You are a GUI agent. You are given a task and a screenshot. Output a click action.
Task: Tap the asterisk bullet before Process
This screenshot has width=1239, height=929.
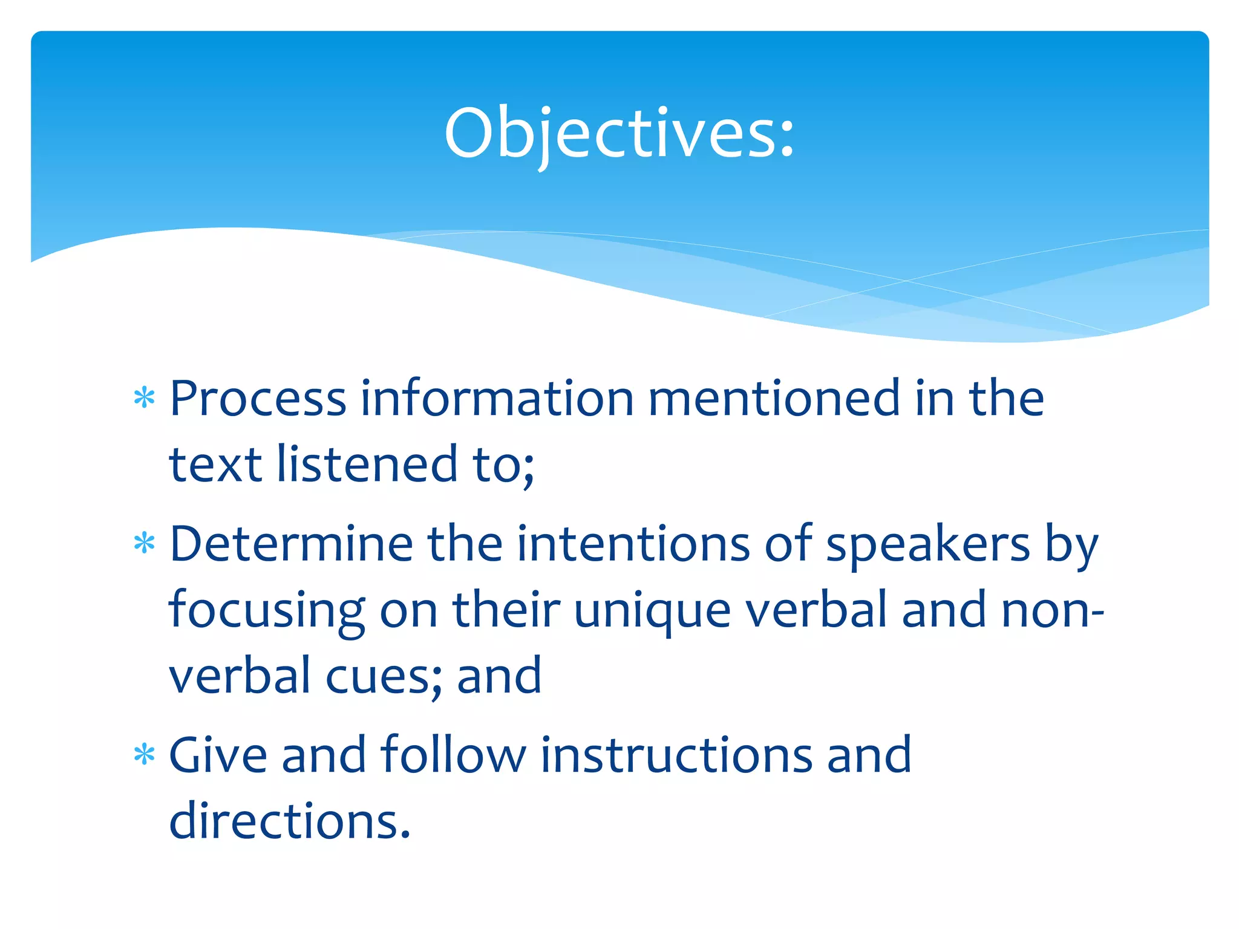pos(145,399)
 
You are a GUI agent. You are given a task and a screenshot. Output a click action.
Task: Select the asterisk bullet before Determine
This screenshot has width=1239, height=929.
pos(145,544)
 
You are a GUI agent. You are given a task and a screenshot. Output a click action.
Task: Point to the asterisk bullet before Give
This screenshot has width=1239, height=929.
pos(145,755)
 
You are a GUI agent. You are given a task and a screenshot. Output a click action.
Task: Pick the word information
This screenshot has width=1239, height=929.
pos(497,399)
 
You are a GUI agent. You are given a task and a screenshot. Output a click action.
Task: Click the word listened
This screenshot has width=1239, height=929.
pos(367,464)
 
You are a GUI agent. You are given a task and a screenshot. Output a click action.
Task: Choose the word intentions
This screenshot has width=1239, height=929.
pos(633,544)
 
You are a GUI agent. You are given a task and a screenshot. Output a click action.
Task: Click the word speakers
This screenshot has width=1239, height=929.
pos(928,544)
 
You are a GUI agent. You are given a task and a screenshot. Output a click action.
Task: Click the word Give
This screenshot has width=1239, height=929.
pos(218,755)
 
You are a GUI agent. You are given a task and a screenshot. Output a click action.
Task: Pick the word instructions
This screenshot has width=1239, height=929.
pos(676,755)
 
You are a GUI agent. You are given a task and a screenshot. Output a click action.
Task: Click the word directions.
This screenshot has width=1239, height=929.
pos(290,821)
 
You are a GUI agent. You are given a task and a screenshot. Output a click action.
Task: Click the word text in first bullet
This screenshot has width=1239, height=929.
pos(215,464)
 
